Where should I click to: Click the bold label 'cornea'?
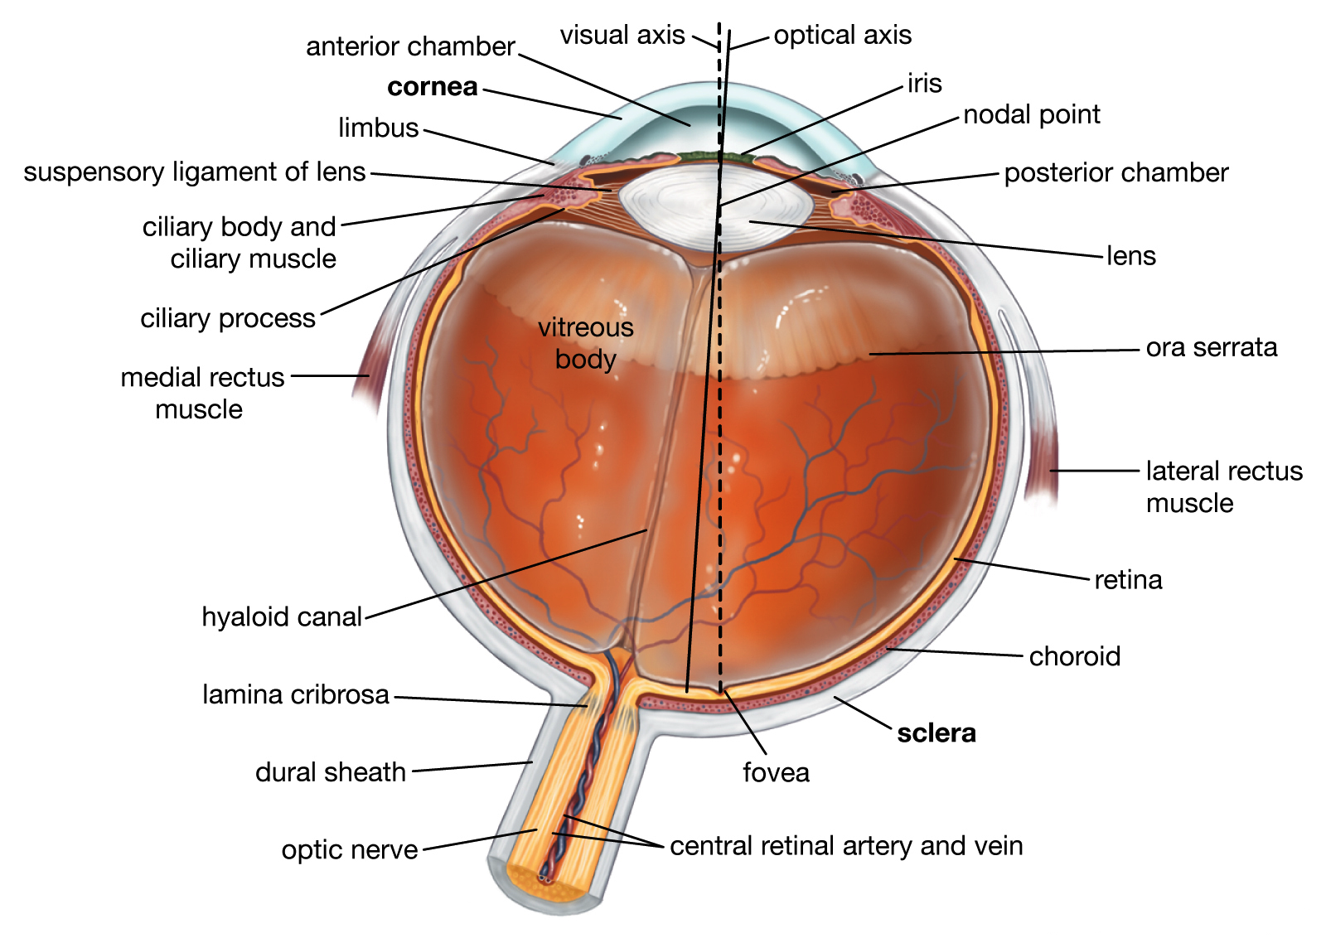point(432,87)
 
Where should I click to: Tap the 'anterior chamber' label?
point(410,46)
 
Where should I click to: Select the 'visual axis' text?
point(622,36)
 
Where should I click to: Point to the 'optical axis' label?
point(842,36)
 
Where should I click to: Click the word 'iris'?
point(924,84)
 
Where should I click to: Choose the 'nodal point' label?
point(1031,114)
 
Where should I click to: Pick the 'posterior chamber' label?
point(1115,173)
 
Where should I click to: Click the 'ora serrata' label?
point(1211,347)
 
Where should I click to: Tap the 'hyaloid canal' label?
point(282,617)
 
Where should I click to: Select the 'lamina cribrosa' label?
point(295,694)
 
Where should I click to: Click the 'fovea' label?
point(776,772)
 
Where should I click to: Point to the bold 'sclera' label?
point(936,733)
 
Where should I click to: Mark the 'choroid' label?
point(1074,656)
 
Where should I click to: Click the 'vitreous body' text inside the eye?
point(585,343)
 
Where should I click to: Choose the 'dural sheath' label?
point(330,772)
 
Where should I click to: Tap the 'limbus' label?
point(378,128)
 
